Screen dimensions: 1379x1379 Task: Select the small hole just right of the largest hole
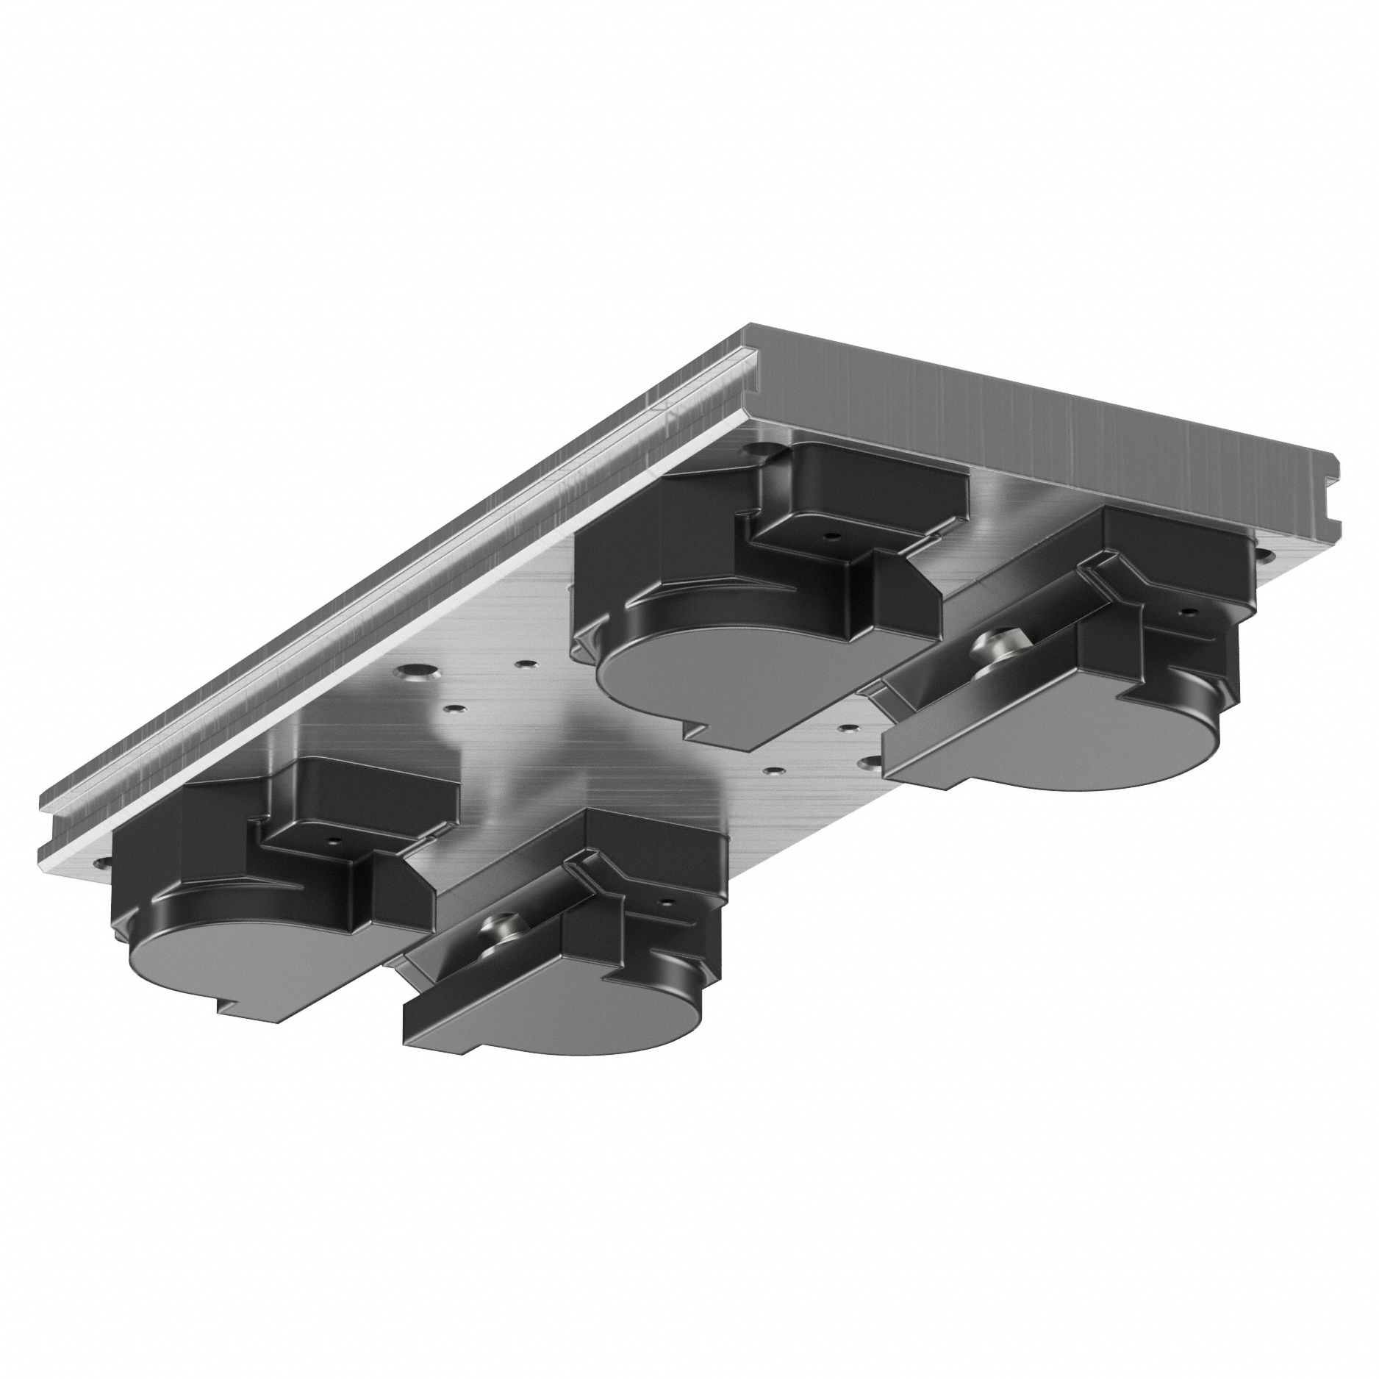tap(523, 665)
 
